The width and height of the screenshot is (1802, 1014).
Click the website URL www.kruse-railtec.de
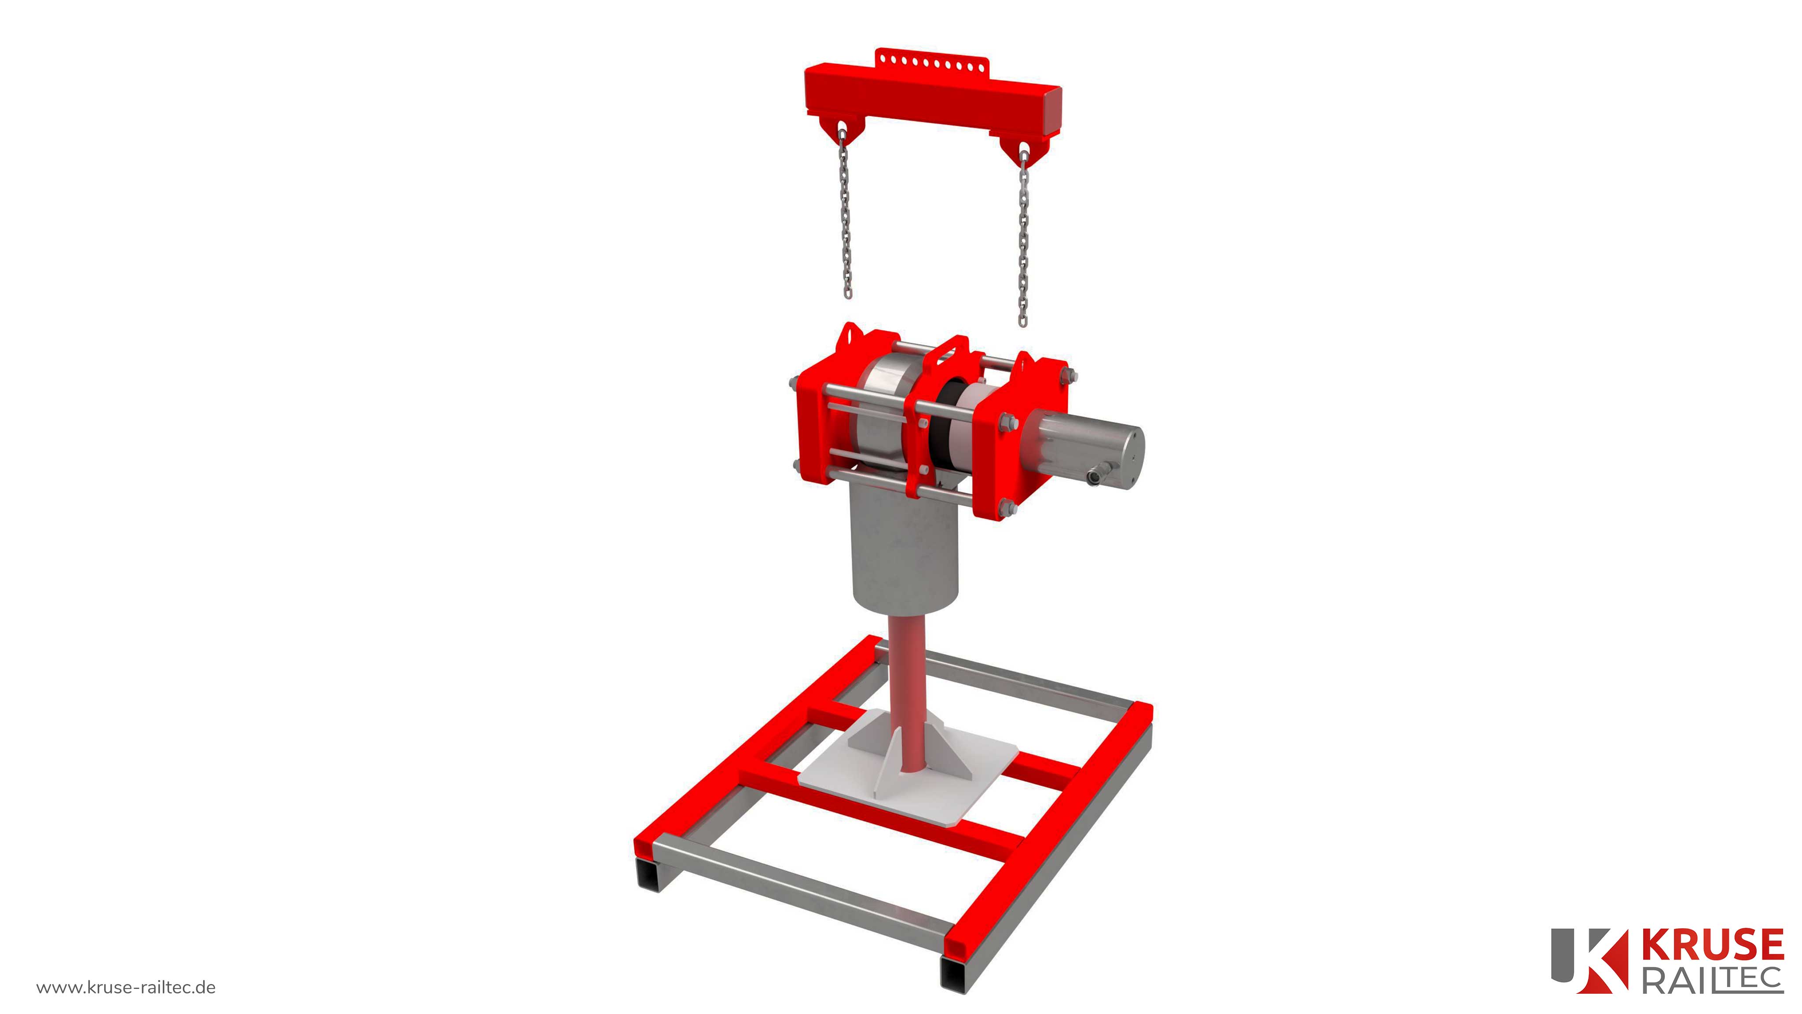(x=126, y=988)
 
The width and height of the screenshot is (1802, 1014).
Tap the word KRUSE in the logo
(x=1712, y=945)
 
